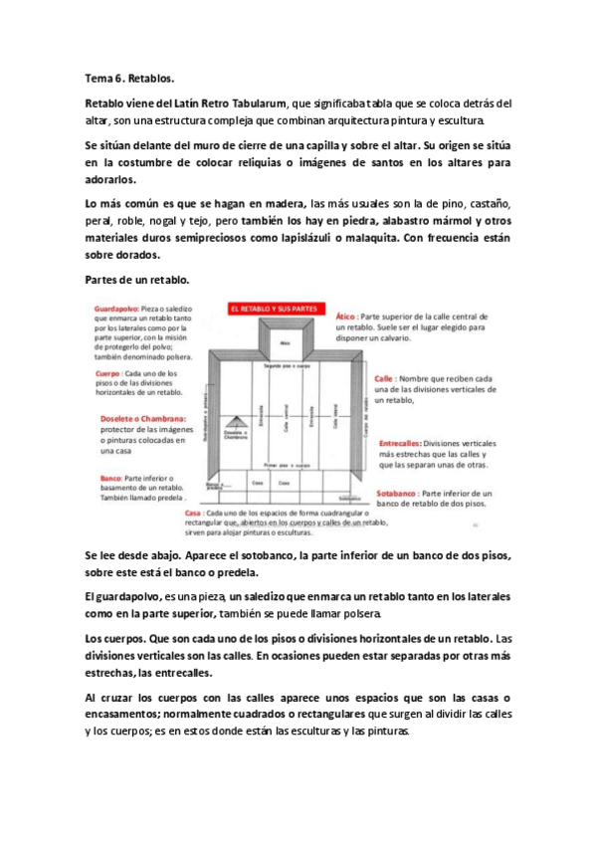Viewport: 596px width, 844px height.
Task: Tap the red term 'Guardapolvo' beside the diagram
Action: point(118,310)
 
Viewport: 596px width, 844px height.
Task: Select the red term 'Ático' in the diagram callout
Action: point(343,313)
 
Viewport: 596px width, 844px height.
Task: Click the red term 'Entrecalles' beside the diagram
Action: point(400,443)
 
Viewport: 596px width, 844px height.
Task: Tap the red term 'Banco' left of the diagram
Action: point(110,477)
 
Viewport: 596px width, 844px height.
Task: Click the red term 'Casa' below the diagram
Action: point(194,514)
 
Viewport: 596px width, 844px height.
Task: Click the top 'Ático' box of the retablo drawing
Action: point(284,342)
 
